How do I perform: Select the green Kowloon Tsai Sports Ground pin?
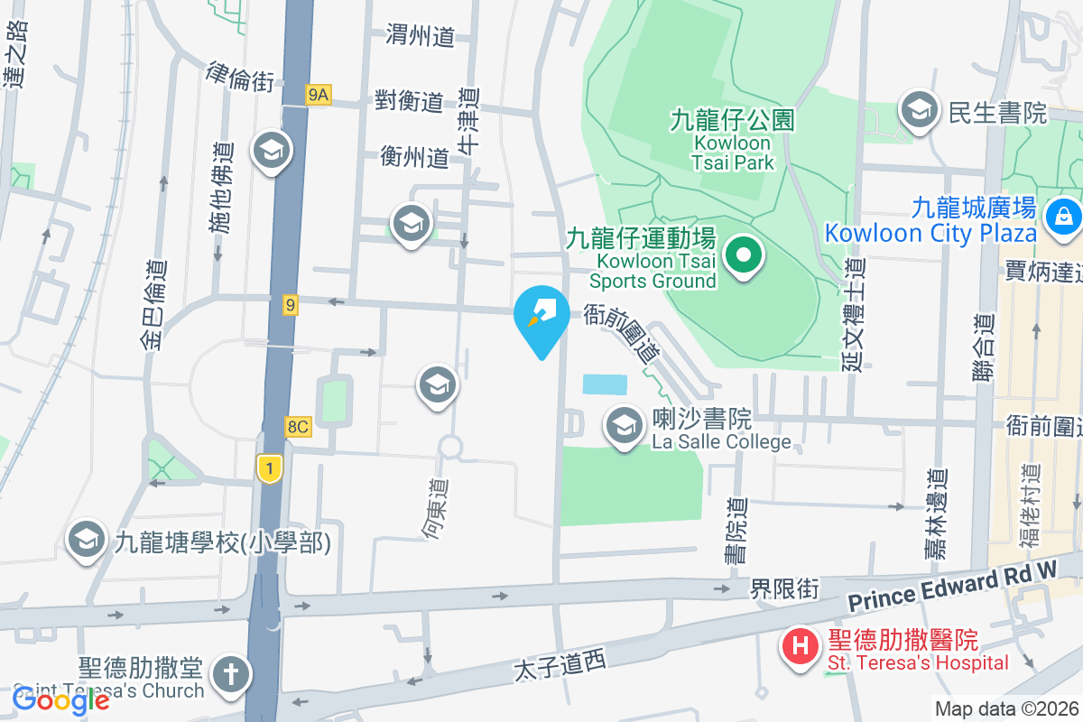pyautogui.click(x=743, y=255)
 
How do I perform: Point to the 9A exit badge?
pyautogui.click(x=319, y=94)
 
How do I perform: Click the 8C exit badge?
pyautogui.click(x=297, y=427)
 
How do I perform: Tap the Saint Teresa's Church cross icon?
pyautogui.click(x=227, y=673)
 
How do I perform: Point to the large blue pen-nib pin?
pyautogui.click(x=541, y=316)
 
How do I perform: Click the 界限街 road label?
pyautogui.click(x=784, y=589)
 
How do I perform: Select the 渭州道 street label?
pyautogui.click(x=420, y=36)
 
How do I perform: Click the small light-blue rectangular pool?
pyautogui.click(x=605, y=384)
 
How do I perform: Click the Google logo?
pyautogui.click(x=60, y=699)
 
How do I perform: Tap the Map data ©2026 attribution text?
pyautogui.click(x=1006, y=708)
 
